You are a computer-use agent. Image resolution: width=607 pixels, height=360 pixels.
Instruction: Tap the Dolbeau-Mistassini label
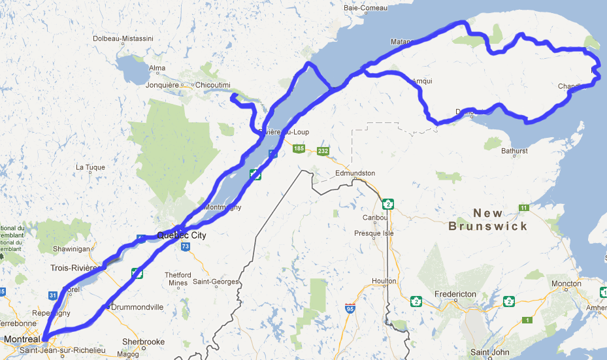123,39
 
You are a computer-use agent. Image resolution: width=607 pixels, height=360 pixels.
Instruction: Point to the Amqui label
423,82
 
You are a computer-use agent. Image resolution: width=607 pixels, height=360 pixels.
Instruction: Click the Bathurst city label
514,151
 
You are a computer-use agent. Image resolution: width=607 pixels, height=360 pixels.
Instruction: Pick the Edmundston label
355,173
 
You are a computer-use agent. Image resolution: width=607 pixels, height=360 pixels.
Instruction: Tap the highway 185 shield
299,149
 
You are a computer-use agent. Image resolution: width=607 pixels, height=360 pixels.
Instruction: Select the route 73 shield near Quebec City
186,246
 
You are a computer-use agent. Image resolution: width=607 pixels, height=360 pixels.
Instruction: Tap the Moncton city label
566,284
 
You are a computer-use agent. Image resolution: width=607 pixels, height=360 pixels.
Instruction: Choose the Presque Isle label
371,233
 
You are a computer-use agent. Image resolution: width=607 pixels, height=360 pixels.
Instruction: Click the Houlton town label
384,280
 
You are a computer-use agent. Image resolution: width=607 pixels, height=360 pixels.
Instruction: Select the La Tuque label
90,167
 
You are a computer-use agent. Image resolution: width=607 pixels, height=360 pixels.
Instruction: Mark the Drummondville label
139,307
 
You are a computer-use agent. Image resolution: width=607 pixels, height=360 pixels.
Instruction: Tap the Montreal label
21,340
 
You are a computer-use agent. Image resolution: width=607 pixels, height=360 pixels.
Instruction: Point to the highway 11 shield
524,208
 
